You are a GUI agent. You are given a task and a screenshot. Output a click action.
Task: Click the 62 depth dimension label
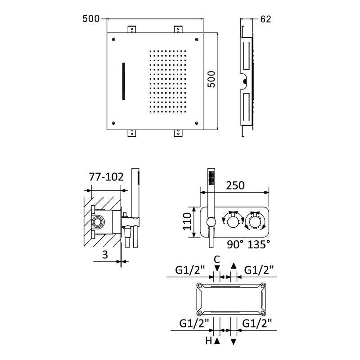tap(265, 19)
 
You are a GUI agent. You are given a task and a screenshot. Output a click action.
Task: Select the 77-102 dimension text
tap(106, 177)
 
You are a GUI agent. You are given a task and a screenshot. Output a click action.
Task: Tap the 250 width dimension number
tap(235, 185)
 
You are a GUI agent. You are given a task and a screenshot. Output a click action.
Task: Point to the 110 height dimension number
tap(187, 221)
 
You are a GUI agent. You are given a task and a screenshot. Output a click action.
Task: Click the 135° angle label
tap(259, 244)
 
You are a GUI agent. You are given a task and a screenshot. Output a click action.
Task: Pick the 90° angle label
tap(235, 244)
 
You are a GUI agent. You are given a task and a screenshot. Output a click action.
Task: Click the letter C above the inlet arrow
tap(217, 260)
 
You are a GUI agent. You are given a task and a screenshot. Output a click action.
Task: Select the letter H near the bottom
tap(209, 341)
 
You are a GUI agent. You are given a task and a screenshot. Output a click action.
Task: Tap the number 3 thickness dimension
tap(105, 255)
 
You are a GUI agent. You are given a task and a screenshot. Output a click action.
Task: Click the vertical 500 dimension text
tap(211, 79)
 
